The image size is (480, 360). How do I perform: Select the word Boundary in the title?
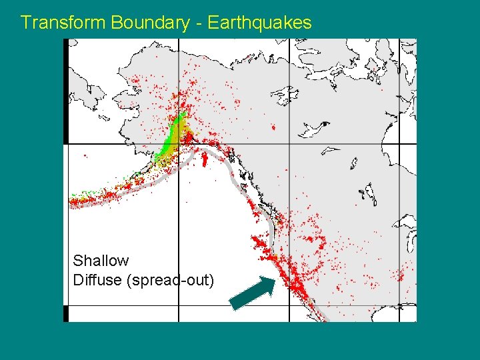point(150,23)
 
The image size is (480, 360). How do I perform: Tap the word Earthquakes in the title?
point(259,23)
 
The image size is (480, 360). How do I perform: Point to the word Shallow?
point(101,261)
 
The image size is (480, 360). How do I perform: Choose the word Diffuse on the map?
point(97,280)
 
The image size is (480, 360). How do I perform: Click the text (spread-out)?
point(170,280)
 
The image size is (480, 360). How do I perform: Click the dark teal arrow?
point(252,293)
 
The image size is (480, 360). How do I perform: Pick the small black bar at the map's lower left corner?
point(66,313)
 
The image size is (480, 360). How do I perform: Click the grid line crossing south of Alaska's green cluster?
point(179,144)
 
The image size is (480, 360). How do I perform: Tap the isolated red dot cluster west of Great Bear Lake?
point(272,126)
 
